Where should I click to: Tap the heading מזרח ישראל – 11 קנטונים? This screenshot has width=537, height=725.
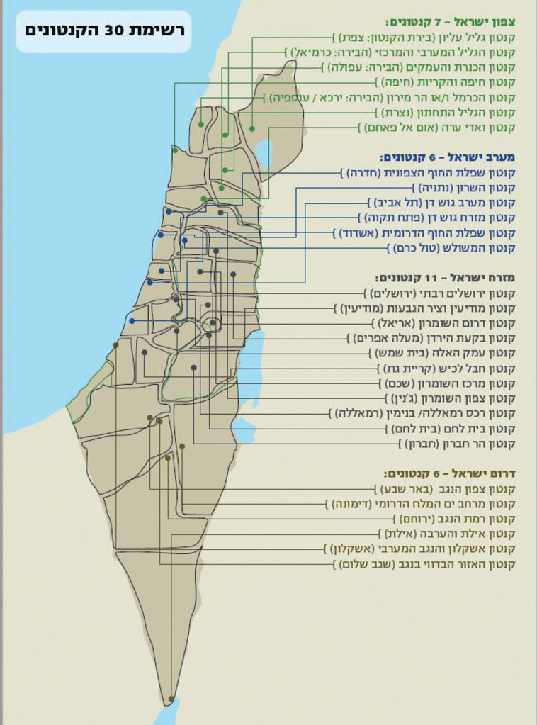coord(448,277)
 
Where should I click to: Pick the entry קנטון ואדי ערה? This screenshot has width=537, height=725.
coord(439,128)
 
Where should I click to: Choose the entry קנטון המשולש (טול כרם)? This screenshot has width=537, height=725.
coord(453,248)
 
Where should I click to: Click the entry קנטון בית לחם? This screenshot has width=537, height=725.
coord(453,429)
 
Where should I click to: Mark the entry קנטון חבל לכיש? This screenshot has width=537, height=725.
coord(446,369)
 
